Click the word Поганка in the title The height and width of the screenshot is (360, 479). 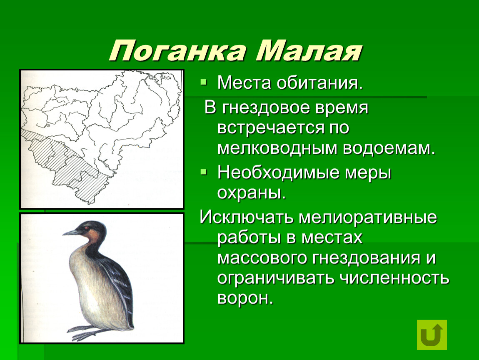click(x=177, y=51)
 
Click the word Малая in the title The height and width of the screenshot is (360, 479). click(x=309, y=51)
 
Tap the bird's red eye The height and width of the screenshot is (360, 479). click(x=87, y=228)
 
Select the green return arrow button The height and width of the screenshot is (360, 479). click(x=432, y=335)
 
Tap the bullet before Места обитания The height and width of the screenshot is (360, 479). click(x=203, y=82)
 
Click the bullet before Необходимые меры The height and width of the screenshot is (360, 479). click(x=203, y=172)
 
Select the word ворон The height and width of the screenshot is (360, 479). click(x=245, y=298)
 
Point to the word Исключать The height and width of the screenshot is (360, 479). click(x=247, y=217)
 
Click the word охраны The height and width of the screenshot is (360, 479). click(x=252, y=193)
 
